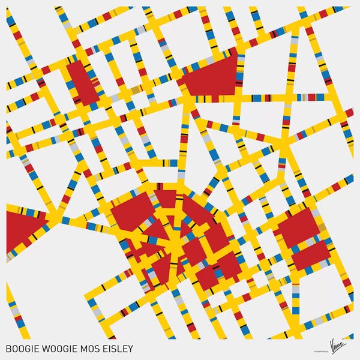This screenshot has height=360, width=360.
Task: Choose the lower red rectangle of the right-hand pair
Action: (311, 255)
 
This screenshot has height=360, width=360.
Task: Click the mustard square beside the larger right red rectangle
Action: (321, 227)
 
